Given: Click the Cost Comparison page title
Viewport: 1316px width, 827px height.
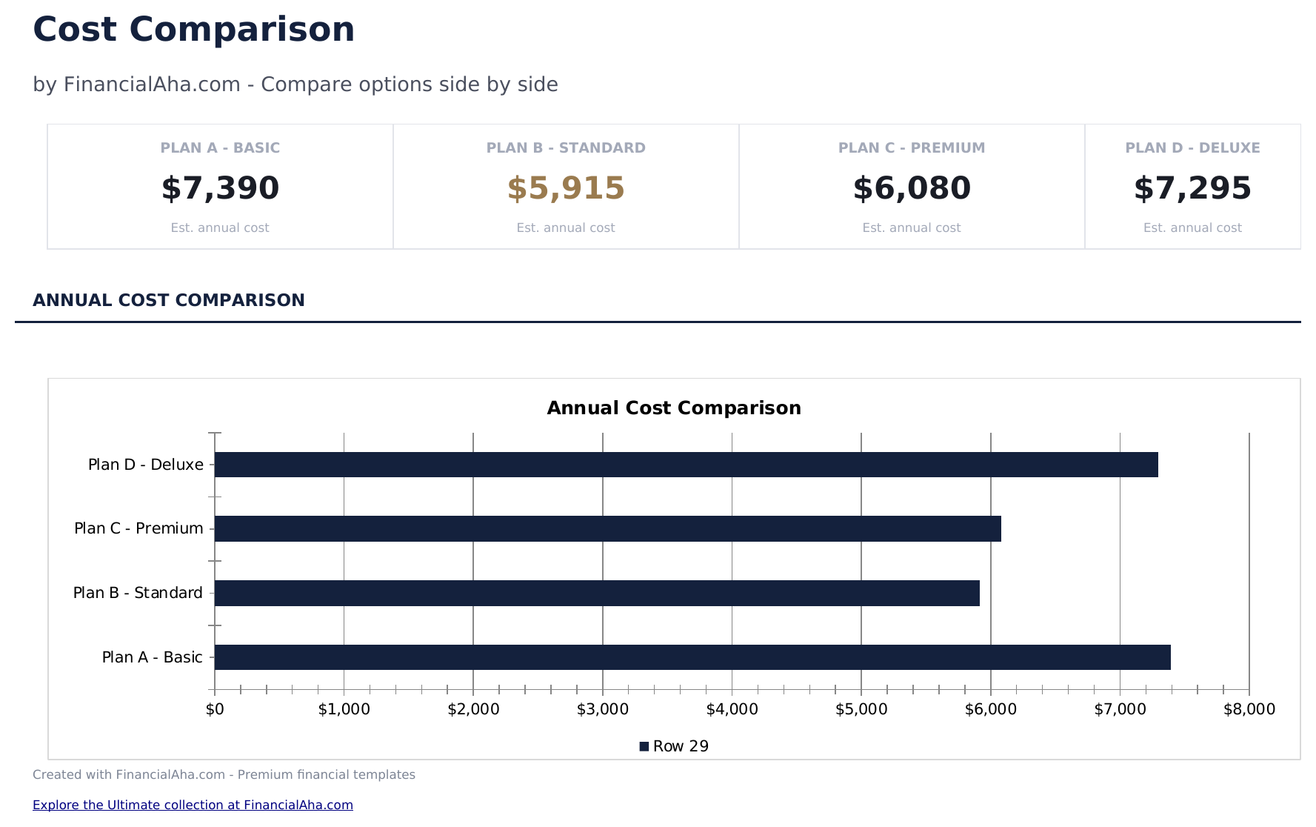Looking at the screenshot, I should [x=193, y=30].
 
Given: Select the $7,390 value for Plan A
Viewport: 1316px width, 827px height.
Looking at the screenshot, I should [x=220, y=188].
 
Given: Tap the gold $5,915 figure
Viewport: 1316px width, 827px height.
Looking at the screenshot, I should [x=566, y=188].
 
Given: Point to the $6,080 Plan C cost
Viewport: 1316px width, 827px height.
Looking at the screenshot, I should [x=912, y=188].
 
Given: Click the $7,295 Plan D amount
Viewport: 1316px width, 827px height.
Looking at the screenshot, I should [x=1192, y=188].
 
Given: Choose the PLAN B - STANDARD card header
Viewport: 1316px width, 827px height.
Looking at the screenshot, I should [x=566, y=148].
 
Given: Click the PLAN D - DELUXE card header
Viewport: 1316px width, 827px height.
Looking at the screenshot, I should [x=1192, y=148].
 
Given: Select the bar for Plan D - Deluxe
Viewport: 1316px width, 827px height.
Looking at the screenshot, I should [x=686, y=465].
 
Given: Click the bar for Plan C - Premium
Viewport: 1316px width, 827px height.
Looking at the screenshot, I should [x=607, y=529].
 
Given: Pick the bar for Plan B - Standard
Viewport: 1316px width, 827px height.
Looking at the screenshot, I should [x=597, y=593].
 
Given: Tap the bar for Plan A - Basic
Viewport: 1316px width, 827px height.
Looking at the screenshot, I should [x=692, y=657].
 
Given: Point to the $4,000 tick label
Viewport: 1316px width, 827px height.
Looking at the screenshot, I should [x=732, y=710].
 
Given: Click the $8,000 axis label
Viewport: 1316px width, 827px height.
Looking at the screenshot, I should [x=1249, y=710].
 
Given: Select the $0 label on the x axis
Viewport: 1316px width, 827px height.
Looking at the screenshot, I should [x=215, y=710].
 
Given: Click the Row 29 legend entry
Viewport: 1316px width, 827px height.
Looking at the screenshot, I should [x=675, y=746].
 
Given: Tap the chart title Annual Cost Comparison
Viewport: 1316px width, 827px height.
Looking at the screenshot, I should [x=674, y=408].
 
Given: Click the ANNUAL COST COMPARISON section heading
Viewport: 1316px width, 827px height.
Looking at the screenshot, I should [x=169, y=300].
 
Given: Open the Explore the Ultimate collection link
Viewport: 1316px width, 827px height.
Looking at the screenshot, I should [x=193, y=805].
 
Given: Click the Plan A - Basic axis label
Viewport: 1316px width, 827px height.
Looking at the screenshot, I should [x=152, y=657].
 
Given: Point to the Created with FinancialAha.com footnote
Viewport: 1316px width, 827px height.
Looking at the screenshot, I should [x=224, y=774].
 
